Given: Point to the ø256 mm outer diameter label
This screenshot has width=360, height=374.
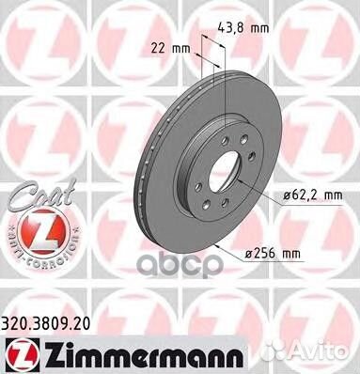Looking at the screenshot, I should coord(297,254).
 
